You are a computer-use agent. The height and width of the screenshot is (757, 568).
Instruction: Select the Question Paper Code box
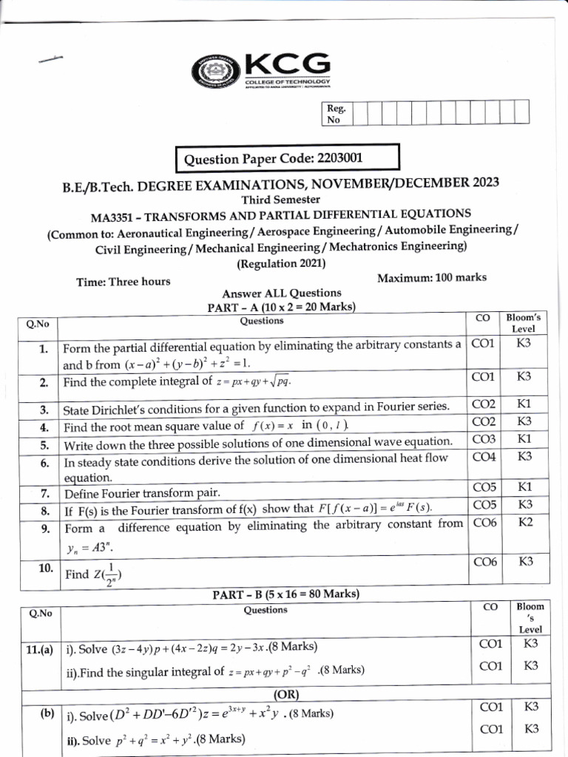click(287, 158)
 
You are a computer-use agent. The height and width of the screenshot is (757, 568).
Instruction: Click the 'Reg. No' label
click(337, 113)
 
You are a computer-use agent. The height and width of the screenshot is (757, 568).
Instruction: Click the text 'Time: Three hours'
click(123, 281)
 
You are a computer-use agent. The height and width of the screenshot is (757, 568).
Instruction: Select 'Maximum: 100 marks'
click(431, 278)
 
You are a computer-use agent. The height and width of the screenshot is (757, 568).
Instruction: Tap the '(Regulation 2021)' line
click(281, 263)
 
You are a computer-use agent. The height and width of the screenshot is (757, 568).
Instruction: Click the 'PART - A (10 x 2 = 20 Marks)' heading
click(281, 307)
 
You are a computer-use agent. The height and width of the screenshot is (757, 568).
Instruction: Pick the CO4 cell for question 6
click(484, 457)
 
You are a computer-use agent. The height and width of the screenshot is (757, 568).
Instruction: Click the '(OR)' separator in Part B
click(285, 695)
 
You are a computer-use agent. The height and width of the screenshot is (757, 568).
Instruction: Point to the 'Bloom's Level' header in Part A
click(523, 322)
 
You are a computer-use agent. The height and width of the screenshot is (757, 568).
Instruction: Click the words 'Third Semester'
click(281, 200)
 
